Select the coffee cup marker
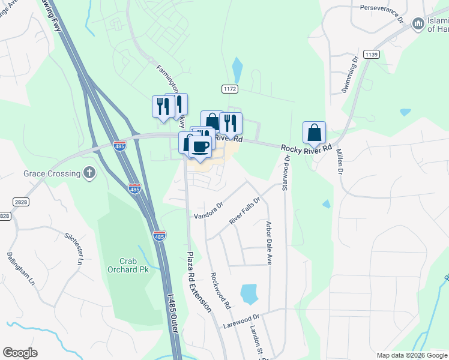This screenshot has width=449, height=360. (200, 146)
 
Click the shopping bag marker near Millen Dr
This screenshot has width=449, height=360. (314, 133)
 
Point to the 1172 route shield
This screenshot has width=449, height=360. (230, 88)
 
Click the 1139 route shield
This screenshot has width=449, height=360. (371, 55)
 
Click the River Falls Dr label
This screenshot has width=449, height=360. (244, 211)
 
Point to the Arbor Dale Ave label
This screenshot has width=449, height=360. (270, 243)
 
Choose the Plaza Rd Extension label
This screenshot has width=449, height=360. (198, 281)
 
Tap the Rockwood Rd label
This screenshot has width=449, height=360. (220, 291)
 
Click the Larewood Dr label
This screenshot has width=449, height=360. (241, 322)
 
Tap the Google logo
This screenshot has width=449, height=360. (20, 353)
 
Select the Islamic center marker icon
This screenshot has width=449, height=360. (418, 23)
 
